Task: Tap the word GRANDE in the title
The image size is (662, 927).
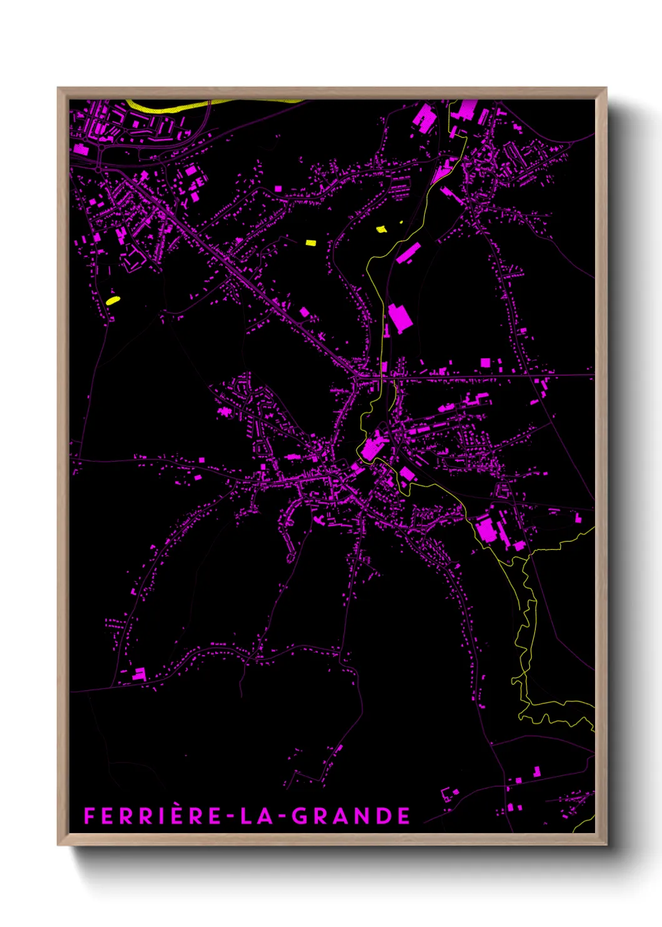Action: click(x=351, y=816)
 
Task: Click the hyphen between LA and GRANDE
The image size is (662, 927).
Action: click(x=281, y=816)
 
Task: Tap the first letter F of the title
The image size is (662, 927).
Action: click(x=89, y=816)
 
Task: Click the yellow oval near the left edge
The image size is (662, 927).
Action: click(x=113, y=301)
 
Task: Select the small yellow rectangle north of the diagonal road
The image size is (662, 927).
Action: click(x=311, y=242)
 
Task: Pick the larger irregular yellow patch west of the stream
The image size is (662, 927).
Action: click(x=381, y=229)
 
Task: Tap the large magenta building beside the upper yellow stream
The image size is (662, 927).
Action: click(x=400, y=317)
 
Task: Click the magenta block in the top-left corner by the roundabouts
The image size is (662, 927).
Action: click(x=81, y=149)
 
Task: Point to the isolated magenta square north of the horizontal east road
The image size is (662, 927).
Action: click(x=485, y=363)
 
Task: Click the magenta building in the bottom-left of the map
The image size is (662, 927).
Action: click(x=139, y=675)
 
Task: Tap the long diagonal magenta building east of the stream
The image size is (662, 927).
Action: click(x=408, y=252)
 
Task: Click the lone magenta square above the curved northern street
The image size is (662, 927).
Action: click(x=278, y=188)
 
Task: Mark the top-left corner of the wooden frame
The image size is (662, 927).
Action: click(x=58, y=88)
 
